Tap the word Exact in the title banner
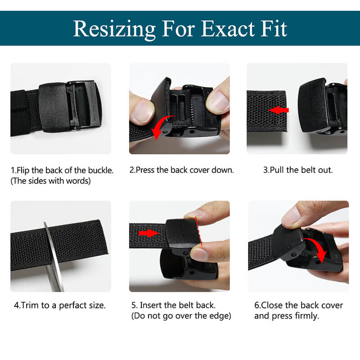(228, 29)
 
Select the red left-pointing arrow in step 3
(279, 110)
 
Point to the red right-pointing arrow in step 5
(149, 234)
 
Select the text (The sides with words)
(51, 181)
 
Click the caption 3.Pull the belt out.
(298, 170)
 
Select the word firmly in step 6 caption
(307, 316)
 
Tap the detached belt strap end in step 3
(267, 111)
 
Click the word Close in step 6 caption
(272, 306)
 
